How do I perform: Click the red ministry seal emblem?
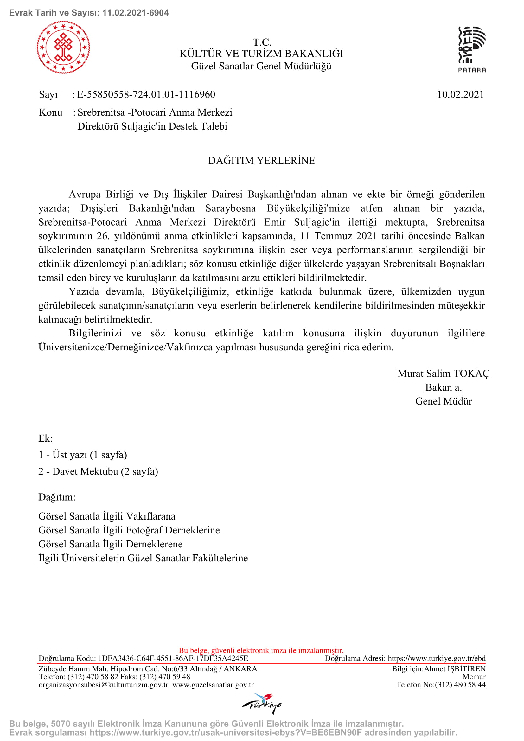pos(63,48)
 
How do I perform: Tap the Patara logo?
pos(472,49)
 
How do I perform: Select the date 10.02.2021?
pos(460,94)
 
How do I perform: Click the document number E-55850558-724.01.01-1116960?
pos(146,94)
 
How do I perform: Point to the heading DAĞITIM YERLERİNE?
pos(261,161)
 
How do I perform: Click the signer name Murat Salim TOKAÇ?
pos(443,374)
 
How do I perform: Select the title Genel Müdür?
pos(443,401)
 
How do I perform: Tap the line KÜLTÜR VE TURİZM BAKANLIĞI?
pos(261,54)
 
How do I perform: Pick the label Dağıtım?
pos(57,497)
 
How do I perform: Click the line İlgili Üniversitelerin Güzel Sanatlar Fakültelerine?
pos(143,558)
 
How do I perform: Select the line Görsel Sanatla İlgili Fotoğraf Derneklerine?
pos(129,530)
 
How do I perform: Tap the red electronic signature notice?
pos(261,650)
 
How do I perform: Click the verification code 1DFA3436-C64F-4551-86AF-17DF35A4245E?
pos(173,658)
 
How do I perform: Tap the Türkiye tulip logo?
pos(261,703)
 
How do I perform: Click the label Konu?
pos(51,112)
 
